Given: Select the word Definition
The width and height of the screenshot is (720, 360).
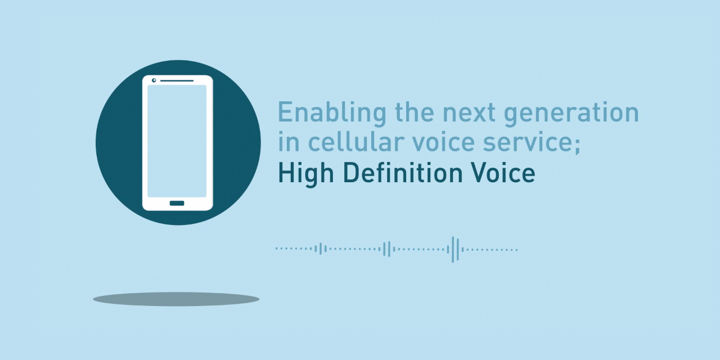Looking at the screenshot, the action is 402,172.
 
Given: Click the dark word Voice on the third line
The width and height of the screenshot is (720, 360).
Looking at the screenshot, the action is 503,172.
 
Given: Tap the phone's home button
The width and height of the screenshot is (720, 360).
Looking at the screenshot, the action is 177,203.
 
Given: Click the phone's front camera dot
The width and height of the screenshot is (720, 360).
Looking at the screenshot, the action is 154,80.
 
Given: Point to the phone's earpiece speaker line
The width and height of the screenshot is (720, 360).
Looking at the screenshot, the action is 177,80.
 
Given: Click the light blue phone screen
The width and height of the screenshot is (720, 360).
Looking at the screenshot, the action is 177,141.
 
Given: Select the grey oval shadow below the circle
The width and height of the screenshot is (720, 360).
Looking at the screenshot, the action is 176,299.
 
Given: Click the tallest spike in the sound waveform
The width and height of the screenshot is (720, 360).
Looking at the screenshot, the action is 453,249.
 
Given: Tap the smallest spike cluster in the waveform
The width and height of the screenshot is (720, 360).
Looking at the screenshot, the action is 321,249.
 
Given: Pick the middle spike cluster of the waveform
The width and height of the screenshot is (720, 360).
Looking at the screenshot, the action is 388,249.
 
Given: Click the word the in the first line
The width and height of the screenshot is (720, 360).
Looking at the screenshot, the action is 415,112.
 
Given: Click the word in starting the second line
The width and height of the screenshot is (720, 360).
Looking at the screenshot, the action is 289,141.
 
